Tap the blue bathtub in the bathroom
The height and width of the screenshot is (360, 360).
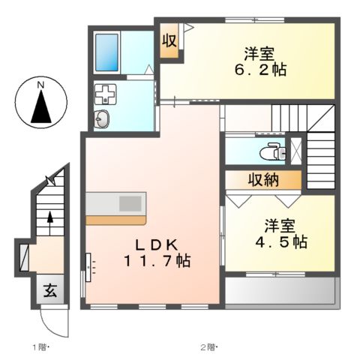pyautogui.click(x=106, y=50)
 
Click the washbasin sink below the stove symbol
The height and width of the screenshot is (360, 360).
pyautogui.click(x=102, y=118)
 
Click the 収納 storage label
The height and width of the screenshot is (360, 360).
pyautogui.click(x=264, y=180)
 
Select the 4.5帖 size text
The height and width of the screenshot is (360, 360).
pyautogui.click(x=279, y=241)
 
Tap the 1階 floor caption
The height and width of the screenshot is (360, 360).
pyautogui.click(x=40, y=346)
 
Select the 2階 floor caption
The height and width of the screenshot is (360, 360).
pyautogui.click(x=208, y=346)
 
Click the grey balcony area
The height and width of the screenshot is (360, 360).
pyautogui.click(x=280, y=291)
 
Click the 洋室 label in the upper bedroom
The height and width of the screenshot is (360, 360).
pyautogui.click(x=259, y=53)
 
